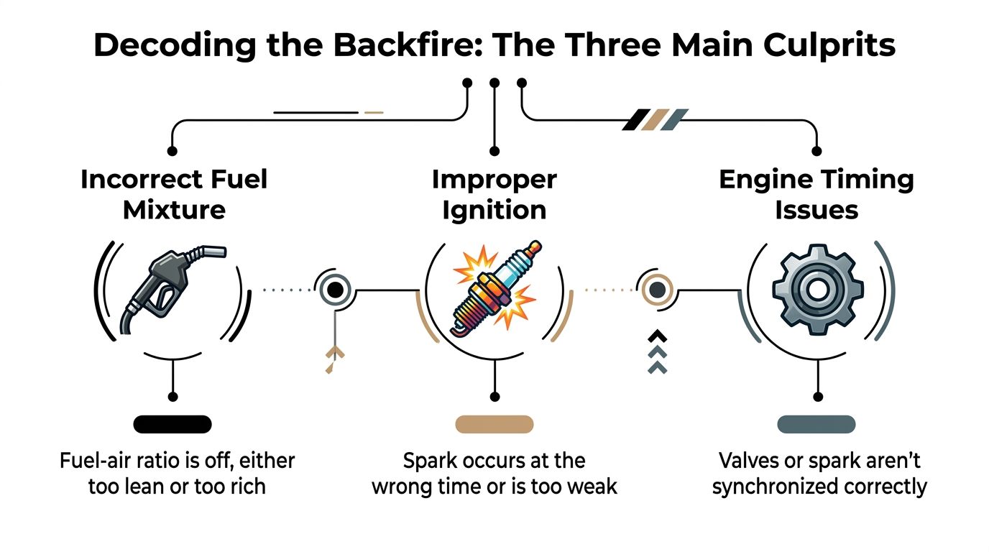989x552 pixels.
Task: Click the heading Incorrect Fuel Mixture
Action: pos(173,194)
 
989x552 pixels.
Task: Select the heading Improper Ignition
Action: pos(494,194)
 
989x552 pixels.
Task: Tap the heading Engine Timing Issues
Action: pos(816,194)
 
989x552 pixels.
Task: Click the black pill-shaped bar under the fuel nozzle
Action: pos(172,424)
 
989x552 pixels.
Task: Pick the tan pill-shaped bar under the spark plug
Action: pos(494,424)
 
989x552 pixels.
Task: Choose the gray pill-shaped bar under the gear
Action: pos(816,424)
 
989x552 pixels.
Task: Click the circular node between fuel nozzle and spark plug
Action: pos(333,290)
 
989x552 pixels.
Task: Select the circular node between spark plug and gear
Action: pos(656,290)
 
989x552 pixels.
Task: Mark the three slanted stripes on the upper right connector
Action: pos(655,119)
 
